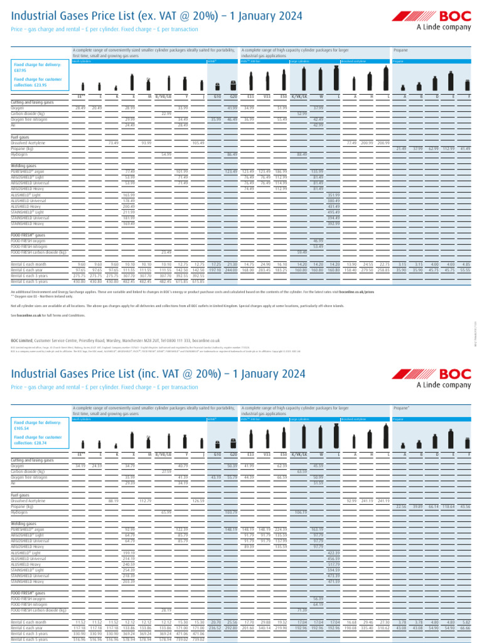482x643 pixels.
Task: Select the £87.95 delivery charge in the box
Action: [x=22, y=71]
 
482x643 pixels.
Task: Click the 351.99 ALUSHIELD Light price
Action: [x=333, y=195]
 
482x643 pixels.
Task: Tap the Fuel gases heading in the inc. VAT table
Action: [x=21, y=495]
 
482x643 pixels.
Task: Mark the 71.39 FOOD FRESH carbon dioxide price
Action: [x=301, y=610]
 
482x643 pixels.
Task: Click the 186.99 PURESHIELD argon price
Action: [x=281, y=171]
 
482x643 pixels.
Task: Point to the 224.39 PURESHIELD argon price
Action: [x=281, y=529]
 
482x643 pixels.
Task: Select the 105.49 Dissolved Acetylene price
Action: [x=198, y=143]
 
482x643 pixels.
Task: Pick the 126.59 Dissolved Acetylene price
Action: [x=198, y=500]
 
